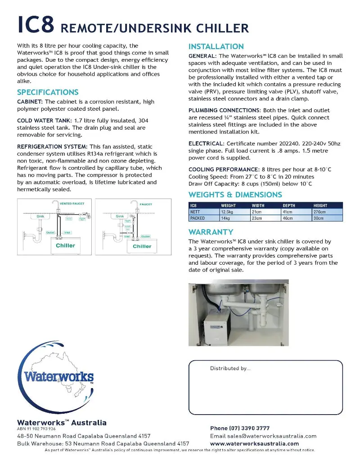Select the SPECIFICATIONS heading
tap(48, 92)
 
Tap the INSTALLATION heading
tap(216, 46)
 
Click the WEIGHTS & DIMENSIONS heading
tap(235, 194)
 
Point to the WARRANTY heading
tap(211, 232)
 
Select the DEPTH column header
tap(288, 205)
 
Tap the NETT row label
tap(195, 212)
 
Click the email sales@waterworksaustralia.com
tap(263, 436)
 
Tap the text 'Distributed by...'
tap(230, 368)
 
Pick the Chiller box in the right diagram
tap(142, 246)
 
